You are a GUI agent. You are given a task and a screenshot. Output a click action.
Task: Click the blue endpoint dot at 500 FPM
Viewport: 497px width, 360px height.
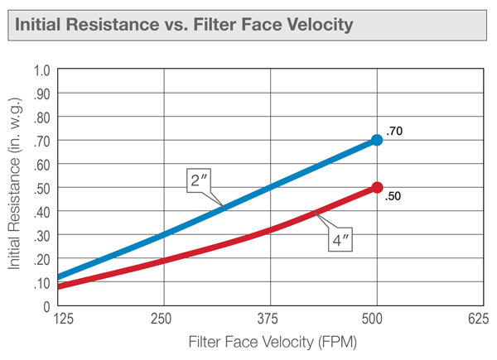(377, 140)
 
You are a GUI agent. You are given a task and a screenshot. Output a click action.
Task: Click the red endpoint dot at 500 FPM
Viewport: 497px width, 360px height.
(377, 188)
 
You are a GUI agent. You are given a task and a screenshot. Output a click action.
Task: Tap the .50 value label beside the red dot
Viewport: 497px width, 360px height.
(393, 197)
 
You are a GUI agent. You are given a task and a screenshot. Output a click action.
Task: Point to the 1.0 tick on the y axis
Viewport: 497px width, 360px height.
(42, 70)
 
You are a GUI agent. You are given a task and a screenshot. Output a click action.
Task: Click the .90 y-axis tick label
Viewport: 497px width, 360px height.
(42, 94)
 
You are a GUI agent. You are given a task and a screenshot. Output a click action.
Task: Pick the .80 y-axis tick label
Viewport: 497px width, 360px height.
(42, 117)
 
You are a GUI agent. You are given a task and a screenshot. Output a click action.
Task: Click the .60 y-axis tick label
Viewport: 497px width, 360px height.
(42, 164)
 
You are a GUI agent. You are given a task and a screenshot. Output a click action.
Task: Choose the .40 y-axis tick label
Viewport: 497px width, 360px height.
(42, 212)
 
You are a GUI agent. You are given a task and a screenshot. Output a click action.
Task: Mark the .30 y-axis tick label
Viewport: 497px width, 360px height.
(42, 236)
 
